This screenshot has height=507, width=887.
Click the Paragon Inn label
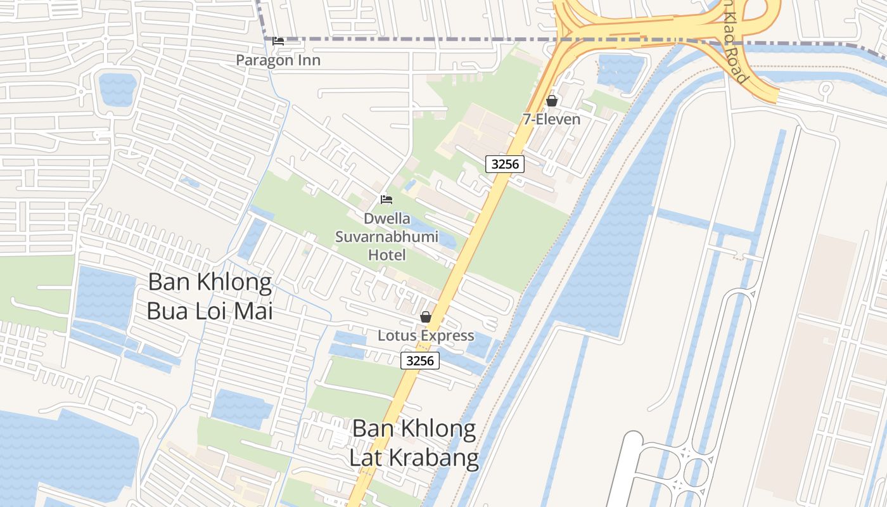tap(278, 60)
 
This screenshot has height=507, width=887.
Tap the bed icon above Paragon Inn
tap(278, 41)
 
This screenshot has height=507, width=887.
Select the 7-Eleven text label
tap(551, 119)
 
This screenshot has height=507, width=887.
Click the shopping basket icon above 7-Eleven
tap(552, 101)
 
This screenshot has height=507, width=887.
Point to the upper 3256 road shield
tap(506, 164)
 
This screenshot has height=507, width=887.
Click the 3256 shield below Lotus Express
tap(420, 361)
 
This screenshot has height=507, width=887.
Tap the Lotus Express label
tap(426, 335)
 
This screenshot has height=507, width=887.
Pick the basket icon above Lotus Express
tap(426, 317)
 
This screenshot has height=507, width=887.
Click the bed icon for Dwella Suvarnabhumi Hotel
tap(386, 200)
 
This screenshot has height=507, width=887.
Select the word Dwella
tap(387, 219)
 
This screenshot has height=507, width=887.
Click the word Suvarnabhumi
tap(387, 237)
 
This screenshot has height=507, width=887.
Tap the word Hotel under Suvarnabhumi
tap(387, 255)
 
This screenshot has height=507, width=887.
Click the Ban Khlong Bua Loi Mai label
tap(210, 297)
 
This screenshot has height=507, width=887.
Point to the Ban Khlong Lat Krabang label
tap(414, 442)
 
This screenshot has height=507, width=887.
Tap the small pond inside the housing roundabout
tap(118, 89)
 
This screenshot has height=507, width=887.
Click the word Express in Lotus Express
tap(447, 335)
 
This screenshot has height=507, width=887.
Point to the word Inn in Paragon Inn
tap(310, 60)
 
